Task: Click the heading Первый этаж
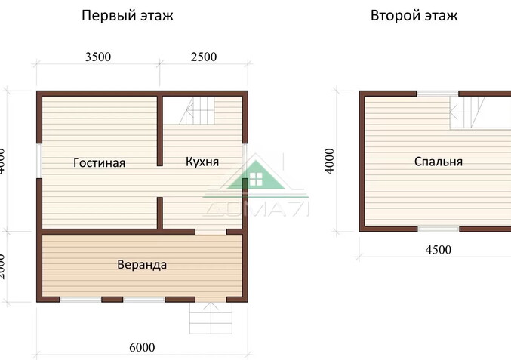coord(128,16)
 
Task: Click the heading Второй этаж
coord(414,16)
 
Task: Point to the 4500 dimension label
coord(438,250)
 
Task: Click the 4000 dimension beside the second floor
coord(329,161)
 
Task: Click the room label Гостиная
coord(100,162)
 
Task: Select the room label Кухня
coord(202,162)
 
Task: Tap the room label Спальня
coord(438,162)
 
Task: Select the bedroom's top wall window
coord(437,94)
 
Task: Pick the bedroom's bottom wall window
coord(439,228)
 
